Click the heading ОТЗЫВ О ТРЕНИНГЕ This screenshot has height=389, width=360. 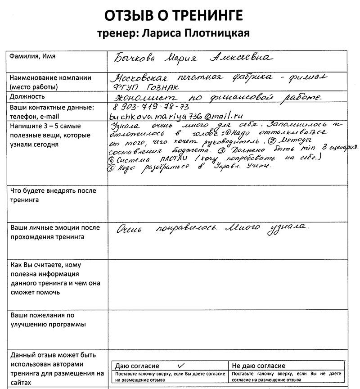point(174,16)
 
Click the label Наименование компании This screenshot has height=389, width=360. point(50,77)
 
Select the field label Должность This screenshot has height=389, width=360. point(27,97)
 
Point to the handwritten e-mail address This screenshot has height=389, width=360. point(173,116)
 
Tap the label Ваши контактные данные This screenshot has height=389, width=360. point(51,108)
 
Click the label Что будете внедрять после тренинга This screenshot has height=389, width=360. point(53,195)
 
